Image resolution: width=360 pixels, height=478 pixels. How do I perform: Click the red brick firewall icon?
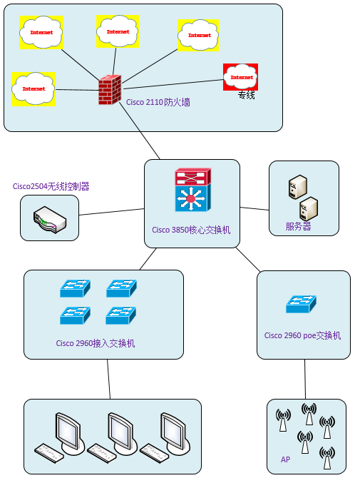(x=110, y=90)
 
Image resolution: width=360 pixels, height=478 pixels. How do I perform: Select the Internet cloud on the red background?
(x=241, y=77)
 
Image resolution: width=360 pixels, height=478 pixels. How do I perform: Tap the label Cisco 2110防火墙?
(x=158, y=102)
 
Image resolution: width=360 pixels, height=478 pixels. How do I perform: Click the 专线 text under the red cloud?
(x=246, y=95)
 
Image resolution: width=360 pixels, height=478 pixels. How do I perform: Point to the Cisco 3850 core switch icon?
(x=192, y=190)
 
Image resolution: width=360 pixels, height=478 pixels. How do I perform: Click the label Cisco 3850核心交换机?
(x=191, y=230)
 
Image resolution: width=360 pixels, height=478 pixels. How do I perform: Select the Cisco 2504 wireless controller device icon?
(x=50, y=220)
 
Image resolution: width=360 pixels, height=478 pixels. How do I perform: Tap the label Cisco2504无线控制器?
(x=51, y=186)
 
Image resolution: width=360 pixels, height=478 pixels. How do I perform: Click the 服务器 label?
(x=298, y=226)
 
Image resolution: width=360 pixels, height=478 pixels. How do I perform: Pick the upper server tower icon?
(x=297, y=187)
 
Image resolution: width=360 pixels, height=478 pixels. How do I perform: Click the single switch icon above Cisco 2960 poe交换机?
(x=301, y=304)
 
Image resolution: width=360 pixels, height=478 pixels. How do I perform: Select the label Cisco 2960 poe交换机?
(x=302, y=335)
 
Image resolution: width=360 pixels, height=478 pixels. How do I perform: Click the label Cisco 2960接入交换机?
(x=96, y=343)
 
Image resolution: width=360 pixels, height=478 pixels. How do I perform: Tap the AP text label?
(x=285, y=459)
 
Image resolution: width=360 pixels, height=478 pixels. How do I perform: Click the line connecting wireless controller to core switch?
(x=111, y=212)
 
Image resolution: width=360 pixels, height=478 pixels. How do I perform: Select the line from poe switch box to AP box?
(x=305, y=380)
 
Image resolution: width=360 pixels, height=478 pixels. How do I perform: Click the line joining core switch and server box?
(x=254, y=208)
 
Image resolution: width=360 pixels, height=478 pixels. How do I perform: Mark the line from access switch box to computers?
(x=108, y=380)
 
